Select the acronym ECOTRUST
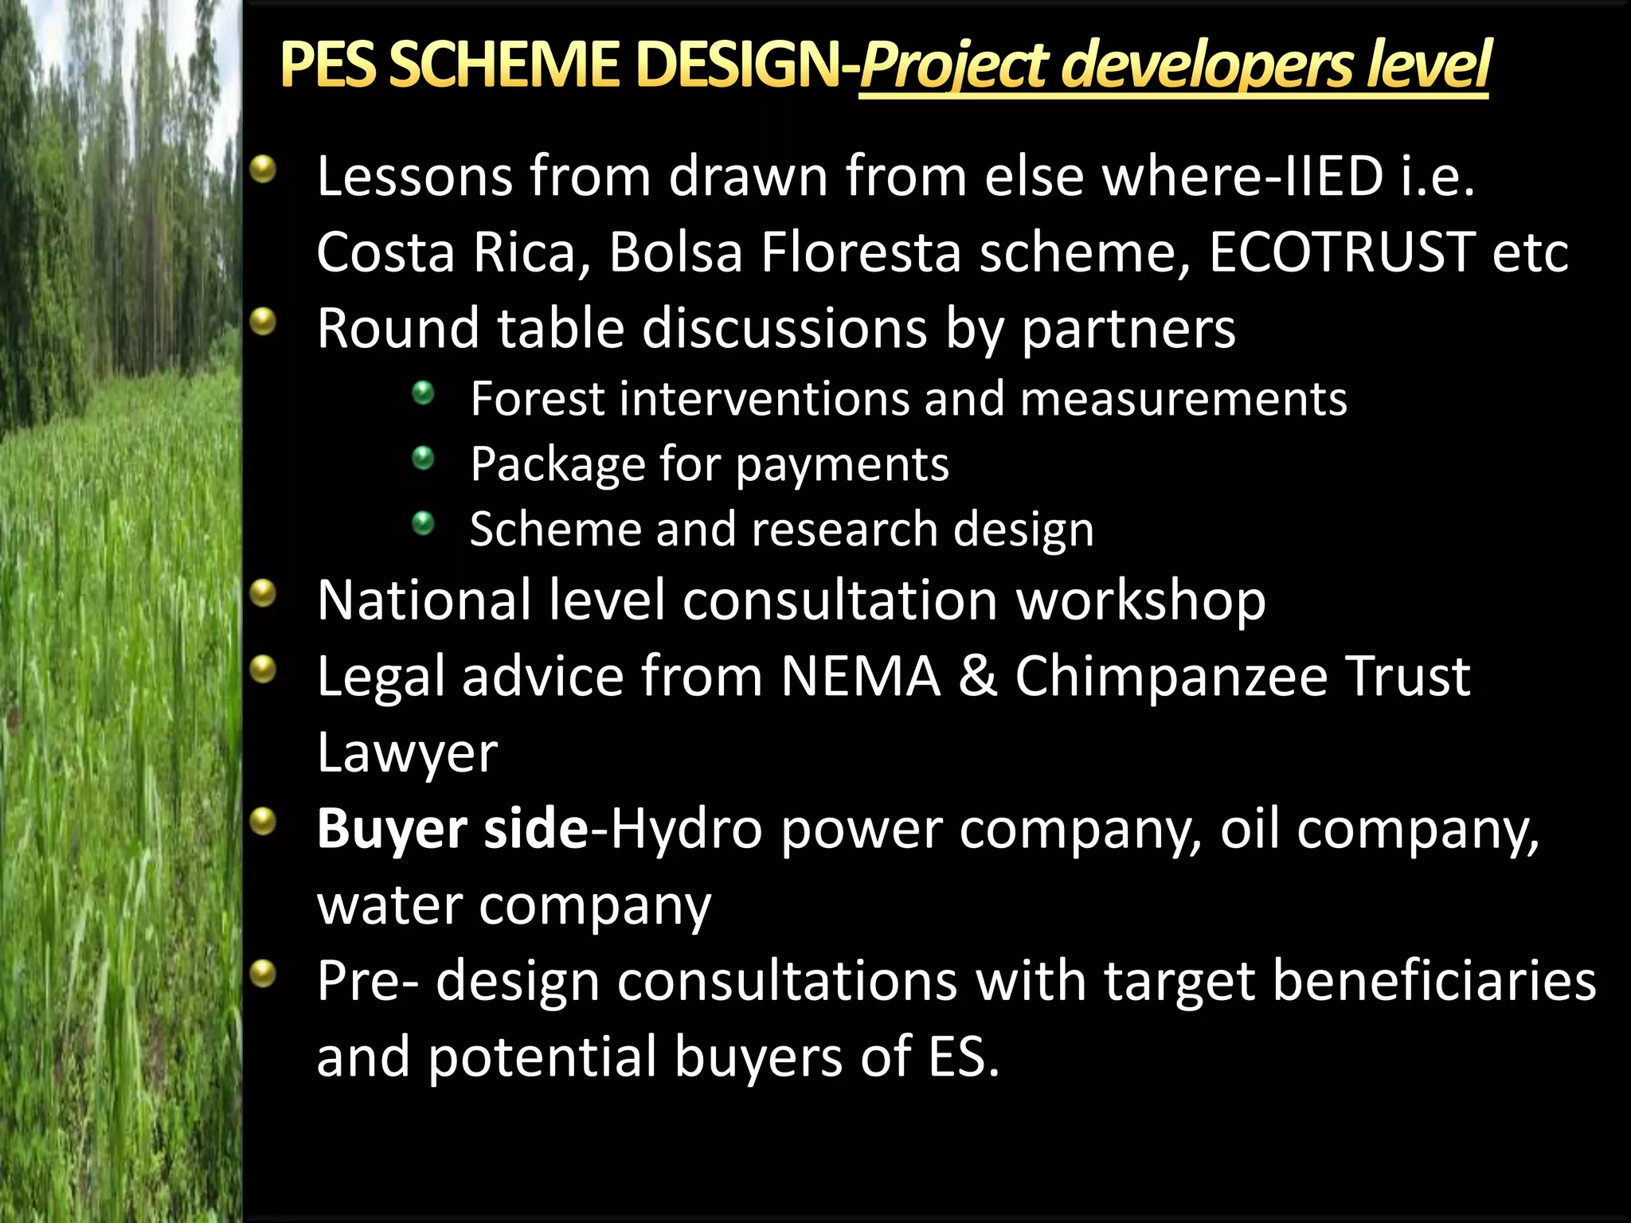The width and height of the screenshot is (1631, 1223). click(1341, 252)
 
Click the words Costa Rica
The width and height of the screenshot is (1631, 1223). click(454, 252)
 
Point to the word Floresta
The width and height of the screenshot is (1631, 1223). click(861, 252)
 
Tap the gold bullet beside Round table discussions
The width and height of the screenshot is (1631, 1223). click(262, 322)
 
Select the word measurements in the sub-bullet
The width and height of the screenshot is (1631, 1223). click(1183, 399)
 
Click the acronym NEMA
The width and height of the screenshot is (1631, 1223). click(860, 677)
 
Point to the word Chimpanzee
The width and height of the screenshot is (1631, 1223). click(1171, 677)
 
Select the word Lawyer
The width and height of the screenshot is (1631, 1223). click(407, 752)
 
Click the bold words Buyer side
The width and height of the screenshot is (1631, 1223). click(452, 829)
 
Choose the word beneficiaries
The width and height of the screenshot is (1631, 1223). click(1433, 981)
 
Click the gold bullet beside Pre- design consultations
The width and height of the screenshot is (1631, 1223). click(262, 973)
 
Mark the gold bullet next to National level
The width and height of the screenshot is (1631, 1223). click(262, 593)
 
